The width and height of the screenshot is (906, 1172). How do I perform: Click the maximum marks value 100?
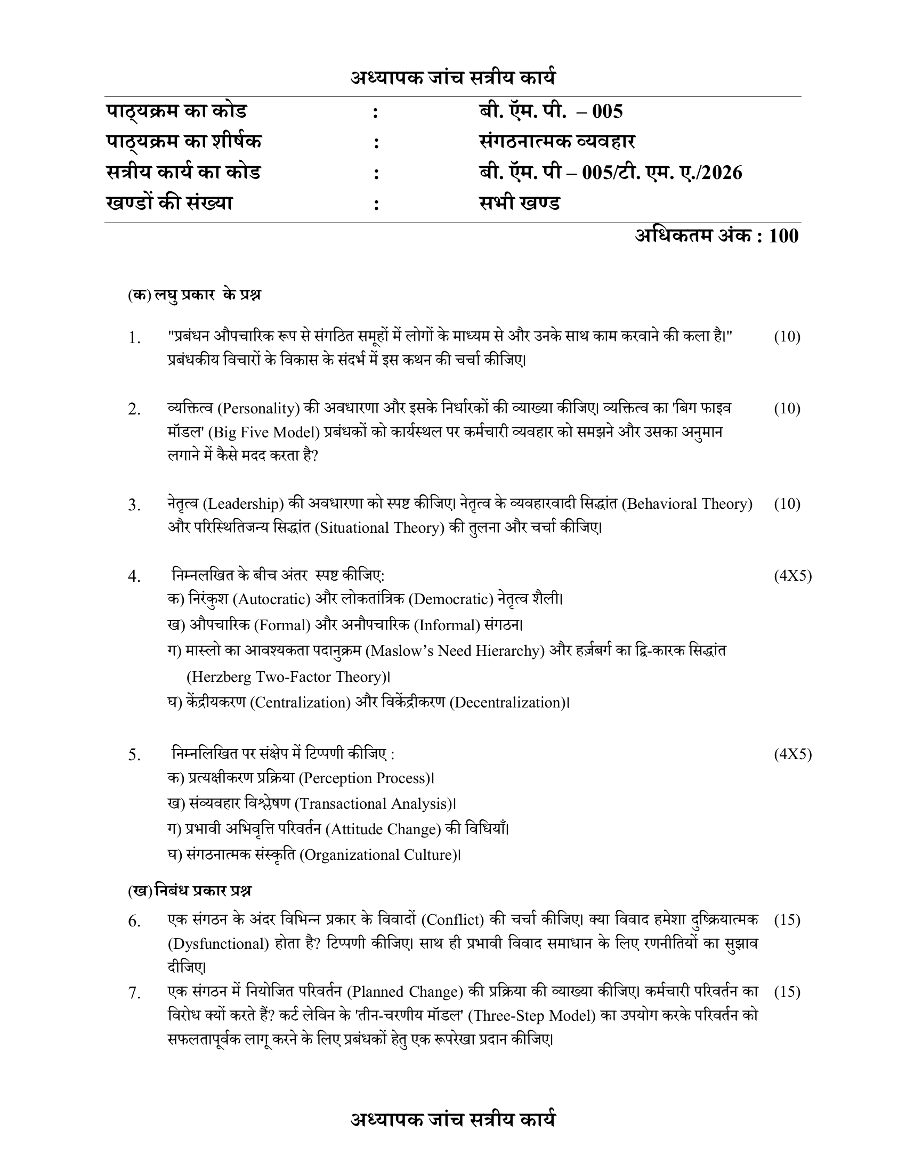click(783, 236)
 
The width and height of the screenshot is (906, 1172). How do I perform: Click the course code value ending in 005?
click(551, 112)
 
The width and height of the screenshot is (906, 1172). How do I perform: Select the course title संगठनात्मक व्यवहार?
click(557, 142)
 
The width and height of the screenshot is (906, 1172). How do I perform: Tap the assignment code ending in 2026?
click(610, 173)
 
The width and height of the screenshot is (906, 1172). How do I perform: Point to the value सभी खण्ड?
click(520, 204)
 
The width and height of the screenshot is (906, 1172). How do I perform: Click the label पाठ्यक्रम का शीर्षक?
click(183, 142)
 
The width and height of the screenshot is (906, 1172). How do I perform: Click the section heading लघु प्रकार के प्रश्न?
click(207, 295)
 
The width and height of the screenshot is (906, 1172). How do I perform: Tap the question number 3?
click(134, 506)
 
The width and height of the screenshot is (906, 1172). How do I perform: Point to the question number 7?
click(134, 994)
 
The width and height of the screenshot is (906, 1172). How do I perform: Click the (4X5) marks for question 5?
click(792, 754)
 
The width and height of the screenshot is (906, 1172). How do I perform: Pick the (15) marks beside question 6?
click(787, 920)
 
